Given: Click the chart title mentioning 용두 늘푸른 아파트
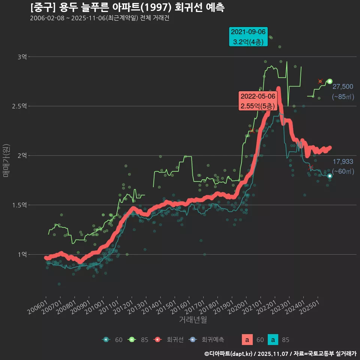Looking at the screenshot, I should (x=127, y=7).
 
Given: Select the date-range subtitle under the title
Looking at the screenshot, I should (x=100, y=18).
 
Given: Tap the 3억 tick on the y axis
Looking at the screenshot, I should (x=22, y=57).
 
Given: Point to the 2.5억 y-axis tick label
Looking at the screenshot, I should (x=19, y=106).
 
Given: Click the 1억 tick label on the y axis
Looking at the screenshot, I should (x=22, y=254).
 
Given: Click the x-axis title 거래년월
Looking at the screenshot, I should (x=193, y=319).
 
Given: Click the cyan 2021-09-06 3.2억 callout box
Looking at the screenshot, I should (x=248, y=36).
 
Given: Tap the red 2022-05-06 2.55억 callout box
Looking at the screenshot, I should (x=258, y=101).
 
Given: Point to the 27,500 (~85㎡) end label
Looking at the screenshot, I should (x=343, y=91).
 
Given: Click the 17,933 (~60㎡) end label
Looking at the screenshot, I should (x=343, y=166).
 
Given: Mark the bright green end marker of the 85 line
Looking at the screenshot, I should (x=330, y=81).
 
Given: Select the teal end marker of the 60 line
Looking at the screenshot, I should (x=330, y=176).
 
